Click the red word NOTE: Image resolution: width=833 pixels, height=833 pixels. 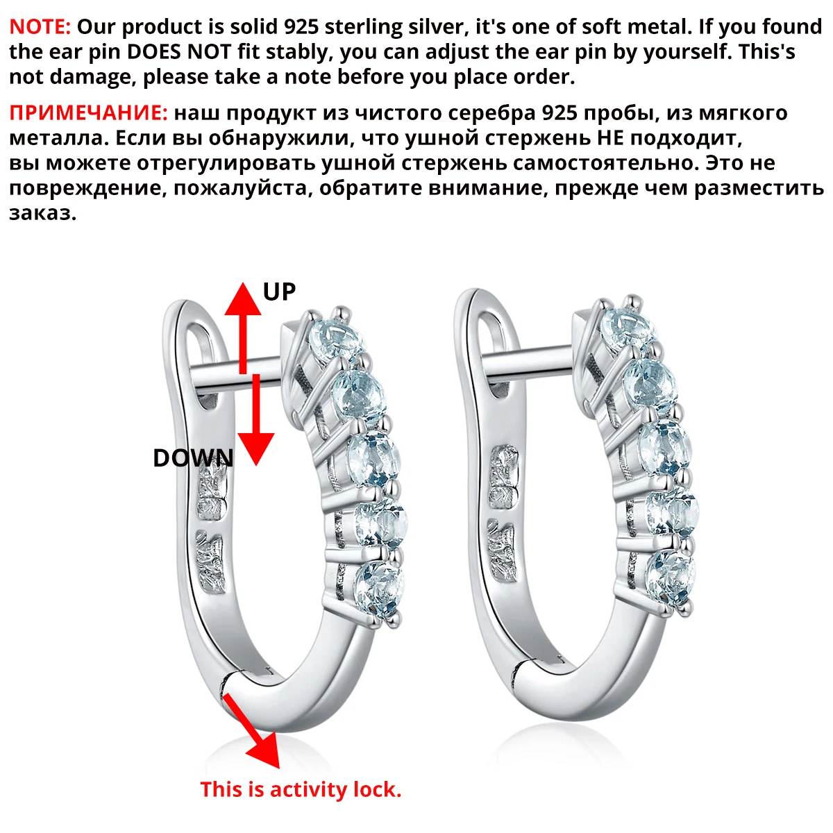click(40, 27)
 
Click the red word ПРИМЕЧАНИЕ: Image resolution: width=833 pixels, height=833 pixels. click(88, 113)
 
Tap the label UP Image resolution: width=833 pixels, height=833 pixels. click(279, 292)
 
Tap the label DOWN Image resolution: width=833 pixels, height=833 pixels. click(193, 458)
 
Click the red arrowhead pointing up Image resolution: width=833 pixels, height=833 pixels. click(243, 299)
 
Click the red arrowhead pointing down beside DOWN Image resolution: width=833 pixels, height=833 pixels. click(256, 448)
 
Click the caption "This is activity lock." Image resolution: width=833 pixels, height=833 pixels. click(301, 789)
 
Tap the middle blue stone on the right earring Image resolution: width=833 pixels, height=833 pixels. click(664, 448)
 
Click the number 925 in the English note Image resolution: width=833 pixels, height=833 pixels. click(301, 27)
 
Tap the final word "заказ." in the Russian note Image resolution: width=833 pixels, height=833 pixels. click(43, 214)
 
